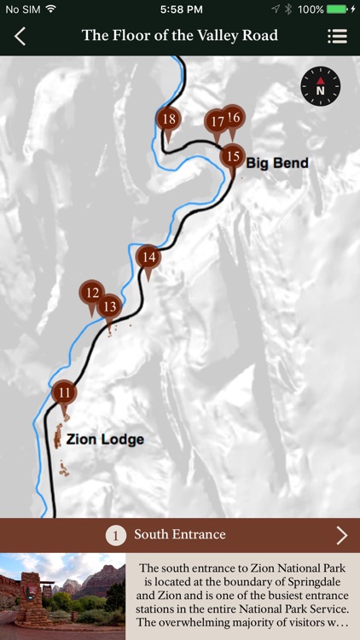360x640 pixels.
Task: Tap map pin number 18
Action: click(x=169, y=120)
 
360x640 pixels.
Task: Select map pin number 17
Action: click(x=217, y=123)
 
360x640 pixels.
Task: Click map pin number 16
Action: click(x=234, y=118)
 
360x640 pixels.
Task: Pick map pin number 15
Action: click(x=232, y=156)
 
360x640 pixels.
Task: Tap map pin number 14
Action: click(x=148, y=257)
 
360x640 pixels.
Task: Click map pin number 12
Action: click(x=92, y=293)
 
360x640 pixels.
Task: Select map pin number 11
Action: click(x=65, y=393)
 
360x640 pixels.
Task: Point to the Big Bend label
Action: click(x=277, y=163)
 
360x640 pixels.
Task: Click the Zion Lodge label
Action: click(x=105, y=440)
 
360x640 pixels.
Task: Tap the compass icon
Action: click(x=321, y=86)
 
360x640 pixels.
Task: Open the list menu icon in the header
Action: click(x=337, y=36)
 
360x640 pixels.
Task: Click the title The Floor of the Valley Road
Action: click(x=180, y=36)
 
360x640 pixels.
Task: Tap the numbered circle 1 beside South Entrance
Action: click(x=116, y=535)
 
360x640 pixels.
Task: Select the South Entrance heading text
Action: click(x=179, y=535)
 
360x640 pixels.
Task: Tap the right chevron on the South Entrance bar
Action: click(x=342, y=535)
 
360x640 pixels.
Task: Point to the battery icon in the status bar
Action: click(x=338, y=9)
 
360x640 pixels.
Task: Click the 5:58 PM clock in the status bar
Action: click(x=180, y=9)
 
